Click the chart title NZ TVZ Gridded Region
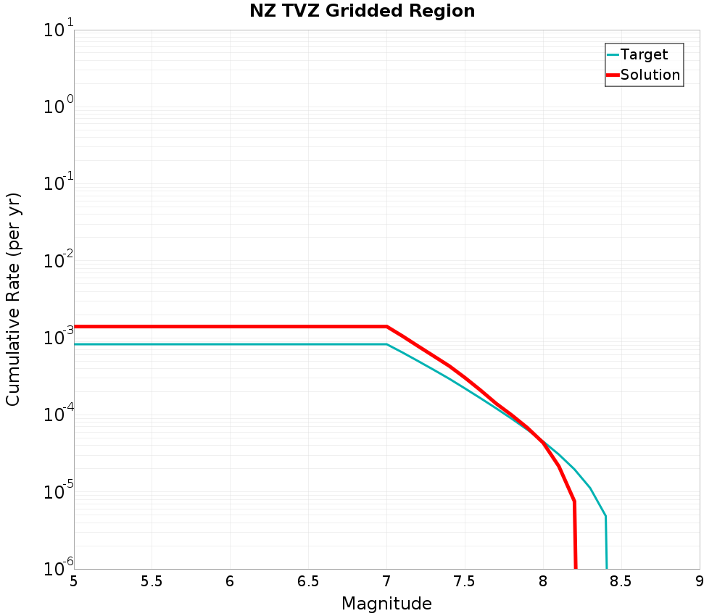click(x=362, y=11)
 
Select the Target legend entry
click(x=644, y=54)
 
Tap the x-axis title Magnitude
click(x=386, y=604)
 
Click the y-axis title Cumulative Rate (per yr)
click(x=13, y=299)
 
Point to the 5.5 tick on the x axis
click(x=152, y=581)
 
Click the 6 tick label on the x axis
click(x=230, y=581)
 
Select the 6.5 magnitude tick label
click(x=308, y=581)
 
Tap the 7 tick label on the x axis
click(x=386, y=581)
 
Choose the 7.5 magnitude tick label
click(x=464, y=581)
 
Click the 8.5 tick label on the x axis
click(x=621, y=581)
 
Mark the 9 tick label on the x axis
click(x=699, y=581)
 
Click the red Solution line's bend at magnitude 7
click(x=386, y=327)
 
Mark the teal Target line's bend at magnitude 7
click(x=386, y=344)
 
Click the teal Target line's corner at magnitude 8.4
click(x=605, y=516)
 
